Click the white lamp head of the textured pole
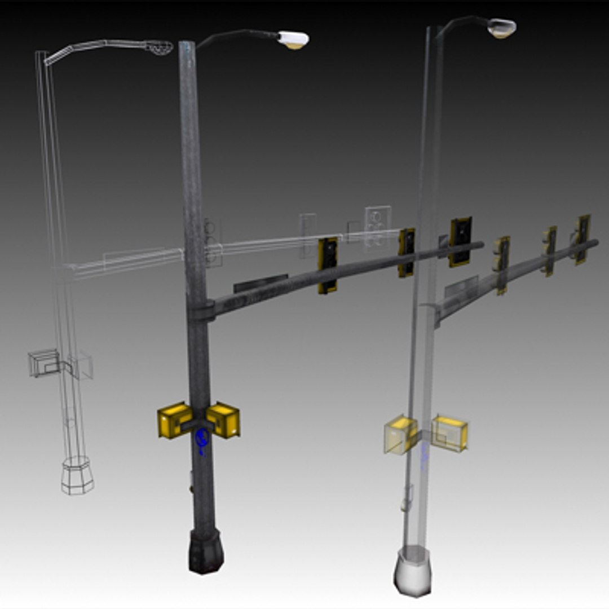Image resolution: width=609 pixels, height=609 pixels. [294, 39]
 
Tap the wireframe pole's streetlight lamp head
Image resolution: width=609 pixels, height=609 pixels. [158, 47]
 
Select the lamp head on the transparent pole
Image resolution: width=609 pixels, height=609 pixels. [501, 28]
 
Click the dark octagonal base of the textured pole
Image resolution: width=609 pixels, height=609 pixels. [206, 551]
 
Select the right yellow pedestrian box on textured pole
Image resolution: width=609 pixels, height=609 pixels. [224, 420]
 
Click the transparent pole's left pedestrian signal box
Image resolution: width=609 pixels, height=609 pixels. [400, 434]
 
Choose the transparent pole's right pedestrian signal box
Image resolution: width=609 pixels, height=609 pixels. [449, 433]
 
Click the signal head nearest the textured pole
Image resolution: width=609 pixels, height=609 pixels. [328, 265]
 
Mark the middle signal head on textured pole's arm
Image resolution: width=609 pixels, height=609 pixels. [406, 252]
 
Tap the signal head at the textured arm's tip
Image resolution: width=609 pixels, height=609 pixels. [461, 241]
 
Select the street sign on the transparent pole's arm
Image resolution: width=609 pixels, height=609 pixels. [461, 286]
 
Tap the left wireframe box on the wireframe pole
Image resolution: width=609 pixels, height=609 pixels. [43, 363]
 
